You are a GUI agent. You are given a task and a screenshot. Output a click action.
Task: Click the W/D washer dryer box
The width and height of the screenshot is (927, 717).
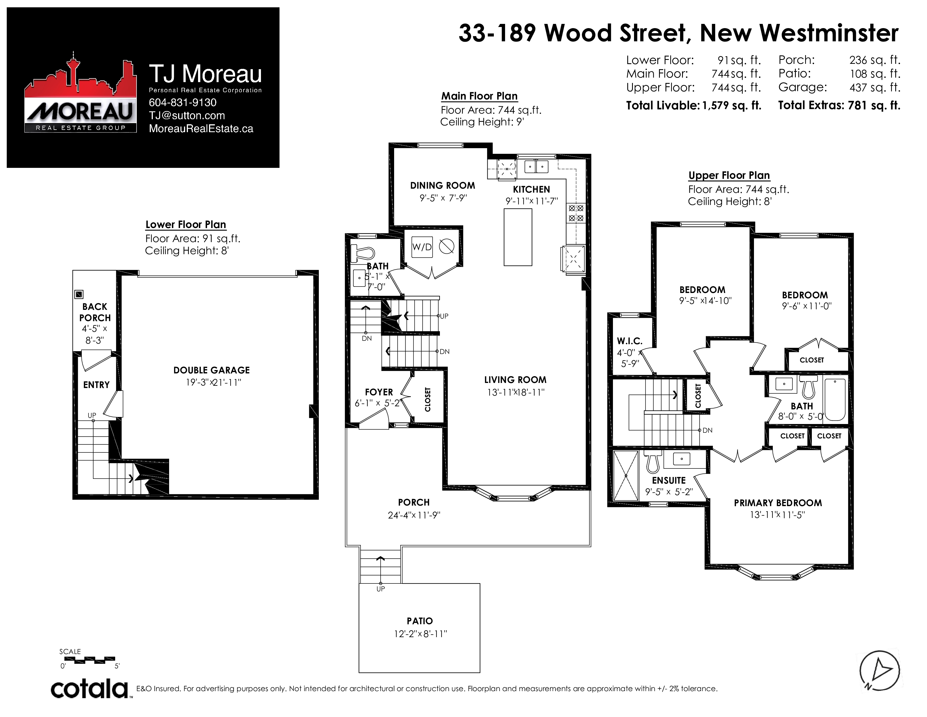[x=422, y=247]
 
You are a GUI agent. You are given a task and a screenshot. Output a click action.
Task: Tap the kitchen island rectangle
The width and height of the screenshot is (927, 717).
[x=518, y=237]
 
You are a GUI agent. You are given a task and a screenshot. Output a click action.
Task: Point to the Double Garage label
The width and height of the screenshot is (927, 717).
[x=211, y=370]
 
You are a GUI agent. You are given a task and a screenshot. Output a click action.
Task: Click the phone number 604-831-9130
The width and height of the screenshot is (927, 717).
[x=183, y=102]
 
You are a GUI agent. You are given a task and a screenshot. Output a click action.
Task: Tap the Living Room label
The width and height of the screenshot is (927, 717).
[x=515, y=380]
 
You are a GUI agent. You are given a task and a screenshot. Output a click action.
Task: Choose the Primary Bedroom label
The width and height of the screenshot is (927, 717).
[x=778, y=503]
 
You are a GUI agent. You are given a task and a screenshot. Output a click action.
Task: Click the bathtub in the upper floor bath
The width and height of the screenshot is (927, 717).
[x=835, y=399]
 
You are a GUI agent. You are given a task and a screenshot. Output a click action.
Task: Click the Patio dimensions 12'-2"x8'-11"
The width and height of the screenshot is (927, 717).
[x=420, y=634]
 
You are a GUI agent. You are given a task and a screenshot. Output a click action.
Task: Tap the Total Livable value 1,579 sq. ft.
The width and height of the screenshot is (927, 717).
[x=732, y=105]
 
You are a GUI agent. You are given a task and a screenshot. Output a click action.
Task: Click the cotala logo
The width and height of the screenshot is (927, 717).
[x=89, y=689]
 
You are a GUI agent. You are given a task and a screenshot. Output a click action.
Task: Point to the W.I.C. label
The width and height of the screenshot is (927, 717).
[x=630, y=341]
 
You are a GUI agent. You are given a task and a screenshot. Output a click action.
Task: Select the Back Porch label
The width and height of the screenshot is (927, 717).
[x=95, y=312]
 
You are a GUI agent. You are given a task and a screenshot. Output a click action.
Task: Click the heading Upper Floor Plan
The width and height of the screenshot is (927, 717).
[x=729, y=175]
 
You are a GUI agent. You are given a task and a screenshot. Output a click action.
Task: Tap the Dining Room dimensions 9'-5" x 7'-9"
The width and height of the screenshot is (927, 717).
[x=443, y=198]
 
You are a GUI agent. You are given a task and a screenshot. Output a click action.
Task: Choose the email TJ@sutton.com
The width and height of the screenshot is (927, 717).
[x=187, y=116]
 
